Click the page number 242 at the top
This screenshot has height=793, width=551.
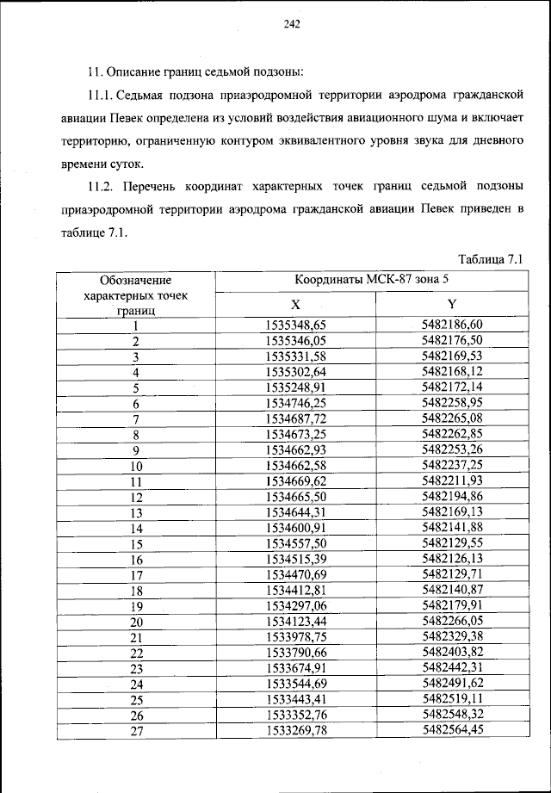(290, 24)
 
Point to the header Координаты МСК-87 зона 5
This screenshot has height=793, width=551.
(373, 281)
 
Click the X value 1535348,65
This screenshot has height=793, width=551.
(295, 325)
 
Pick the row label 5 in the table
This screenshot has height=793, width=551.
(136, 388)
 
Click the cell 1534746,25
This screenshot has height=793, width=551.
(295, 404)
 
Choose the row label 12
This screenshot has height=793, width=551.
(136, 498)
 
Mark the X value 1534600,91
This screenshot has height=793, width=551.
(295, 529)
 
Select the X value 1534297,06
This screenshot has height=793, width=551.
(295, 606)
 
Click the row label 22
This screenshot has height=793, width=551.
(136, 654)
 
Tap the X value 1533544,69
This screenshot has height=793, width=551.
(295, 685)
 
